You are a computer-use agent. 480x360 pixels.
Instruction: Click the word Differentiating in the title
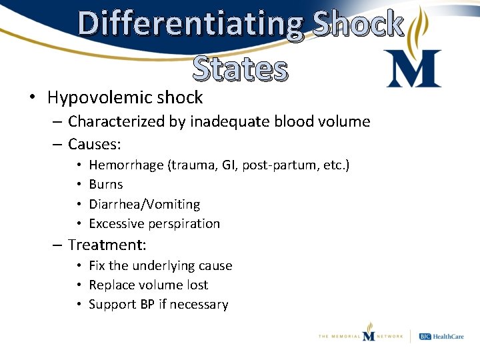[191, 24]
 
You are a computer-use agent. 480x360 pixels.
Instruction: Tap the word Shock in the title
[359, 24]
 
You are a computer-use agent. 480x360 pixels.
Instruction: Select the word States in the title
[241, 69]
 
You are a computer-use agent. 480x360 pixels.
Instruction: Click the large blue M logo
[413, 69]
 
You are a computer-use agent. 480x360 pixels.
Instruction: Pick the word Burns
[106, 184]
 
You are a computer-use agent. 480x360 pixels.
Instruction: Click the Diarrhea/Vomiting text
[144, 204]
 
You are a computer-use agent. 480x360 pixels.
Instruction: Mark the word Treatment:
[107, 245]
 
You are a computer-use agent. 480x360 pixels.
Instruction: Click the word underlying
[165, 265]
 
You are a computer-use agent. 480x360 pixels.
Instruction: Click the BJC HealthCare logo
[441, 336]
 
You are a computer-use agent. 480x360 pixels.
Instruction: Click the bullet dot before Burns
[79, 184]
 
